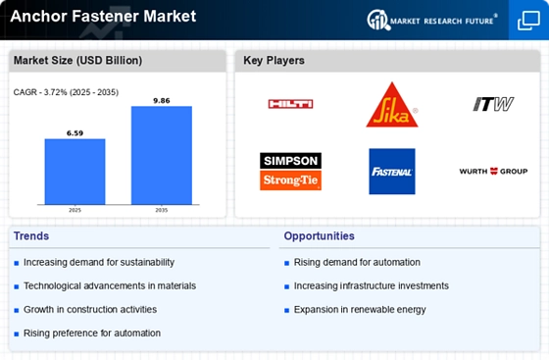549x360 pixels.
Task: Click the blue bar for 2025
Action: click(x=75, y=172)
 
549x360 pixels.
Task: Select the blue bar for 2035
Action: click(x=162, y=155)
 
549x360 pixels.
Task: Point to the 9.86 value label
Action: click(x=162, y=101)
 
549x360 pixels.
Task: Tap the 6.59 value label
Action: click(x=75, y=133)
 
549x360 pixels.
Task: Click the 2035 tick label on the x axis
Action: click(x=162, y=210)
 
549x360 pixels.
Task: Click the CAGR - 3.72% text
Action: click(x=40, y=92)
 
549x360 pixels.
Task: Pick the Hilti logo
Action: click(x=290, y=104)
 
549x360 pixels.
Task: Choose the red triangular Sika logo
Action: click(x=392, y=105)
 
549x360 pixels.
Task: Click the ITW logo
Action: click(x=493, y=104)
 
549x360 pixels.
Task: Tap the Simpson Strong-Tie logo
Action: click(x=290, y=172)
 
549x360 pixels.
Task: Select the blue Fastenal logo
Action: click(x=392, y=172)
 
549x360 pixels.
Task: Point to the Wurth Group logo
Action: click(x=493, y=172)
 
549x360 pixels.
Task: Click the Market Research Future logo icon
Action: click(x=378, y=20)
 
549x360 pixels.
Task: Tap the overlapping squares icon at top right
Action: click(x=528, y=21)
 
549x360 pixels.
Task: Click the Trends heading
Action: click(x=31, y=236)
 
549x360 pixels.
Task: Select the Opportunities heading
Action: click(x=319, y=236)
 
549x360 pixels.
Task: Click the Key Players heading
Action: click(x=274, y=60)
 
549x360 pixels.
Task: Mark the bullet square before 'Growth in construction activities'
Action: click(x=16, y=310)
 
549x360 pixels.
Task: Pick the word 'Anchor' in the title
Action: click(x=38, y=16)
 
